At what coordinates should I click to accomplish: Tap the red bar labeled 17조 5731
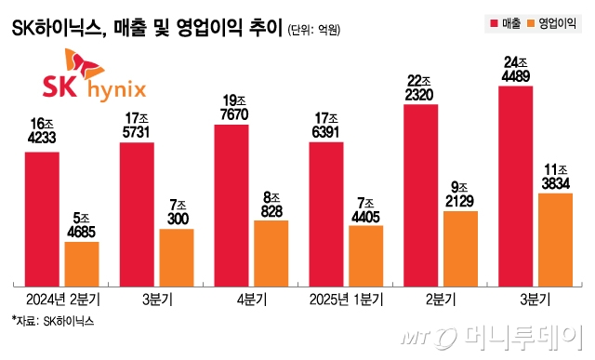pyautogui.click(x=137, y=213)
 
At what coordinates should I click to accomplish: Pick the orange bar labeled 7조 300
pyautogui.click(x=177, y=256)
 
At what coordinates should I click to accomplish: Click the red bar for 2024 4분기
pyautogui.click(x=231, y=204)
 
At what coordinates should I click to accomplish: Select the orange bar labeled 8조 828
pyautogui.click(x=271, y=252)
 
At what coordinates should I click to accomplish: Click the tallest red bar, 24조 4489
pyautogui.click(x=515, y=185)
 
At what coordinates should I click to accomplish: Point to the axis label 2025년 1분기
pyautogui.click(x=346, y=299)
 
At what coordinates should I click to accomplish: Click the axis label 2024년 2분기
pyautogui.click(x=62, y=299)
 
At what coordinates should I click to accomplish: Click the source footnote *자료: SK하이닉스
pyautogui.click(x=53, y=321)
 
